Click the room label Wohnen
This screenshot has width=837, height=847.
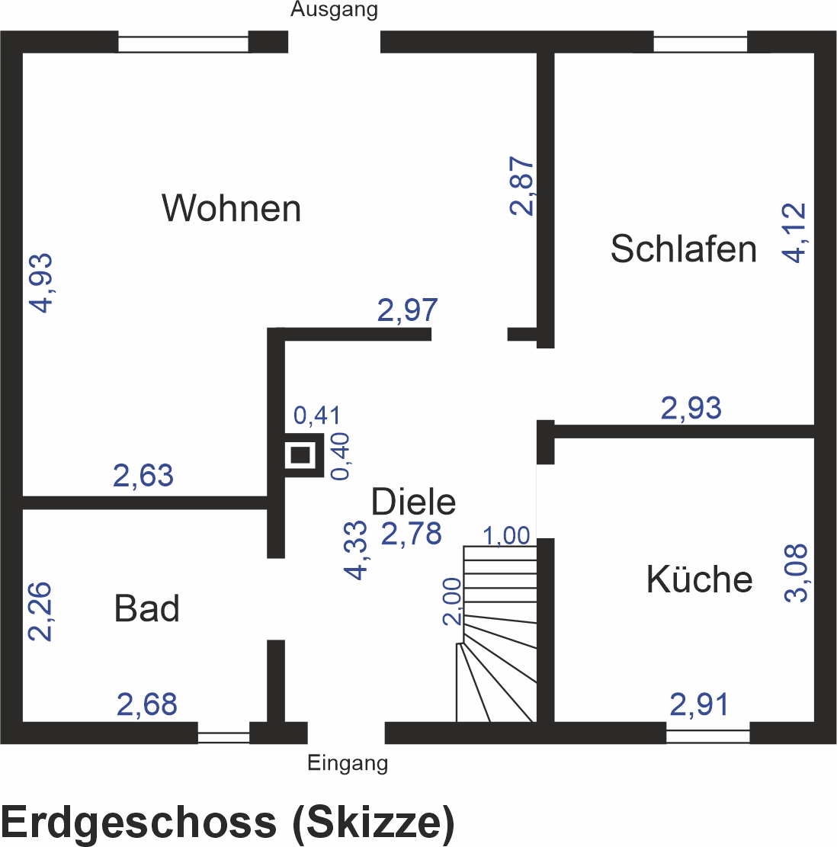click(x=231, y=208)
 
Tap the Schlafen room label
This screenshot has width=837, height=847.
click(x=683, y=249)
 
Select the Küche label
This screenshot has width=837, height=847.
click(x=699, y=579)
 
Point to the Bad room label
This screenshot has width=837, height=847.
click(x=147, y=608)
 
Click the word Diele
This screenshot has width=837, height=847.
click(x=414, y=502)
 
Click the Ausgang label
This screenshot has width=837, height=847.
click(x=334, y=10)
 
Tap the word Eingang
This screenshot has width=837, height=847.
click(x=348, y=763)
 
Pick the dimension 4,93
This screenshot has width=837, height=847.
click(x=41, y=283)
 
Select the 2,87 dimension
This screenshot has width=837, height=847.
click(x=521, y=186)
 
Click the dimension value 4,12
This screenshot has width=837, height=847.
click(x=794, y=233)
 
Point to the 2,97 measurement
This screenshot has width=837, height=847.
click(x=407, y=310)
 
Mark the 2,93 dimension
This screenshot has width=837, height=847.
click(x=691, y=408)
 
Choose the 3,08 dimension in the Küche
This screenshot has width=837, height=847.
click(x=796, y=573)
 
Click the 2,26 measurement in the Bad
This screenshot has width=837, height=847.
click(x=40, y=611)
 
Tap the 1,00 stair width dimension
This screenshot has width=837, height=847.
click(x=506, y=536)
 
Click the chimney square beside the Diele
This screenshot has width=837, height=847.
click(x=300, y=455)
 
